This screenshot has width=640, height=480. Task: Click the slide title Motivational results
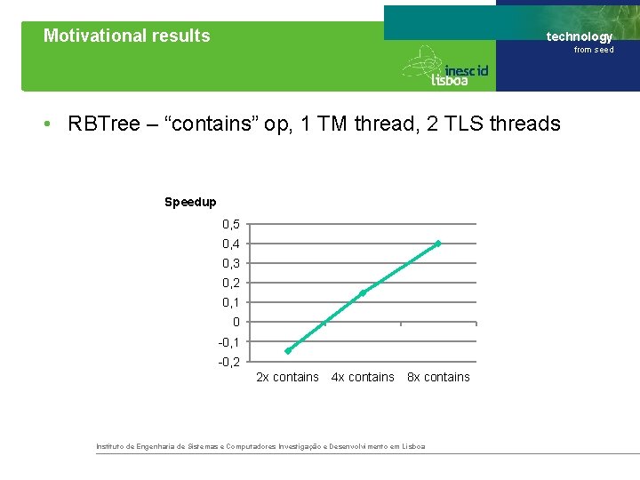(127, 36)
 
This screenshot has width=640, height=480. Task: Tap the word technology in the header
(580, 36)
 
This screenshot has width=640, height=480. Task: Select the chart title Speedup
(190, 202)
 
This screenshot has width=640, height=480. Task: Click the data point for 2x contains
(288, 350)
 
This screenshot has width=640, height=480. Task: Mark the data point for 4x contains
(363, 292)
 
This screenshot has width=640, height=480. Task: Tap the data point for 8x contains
(438, 243)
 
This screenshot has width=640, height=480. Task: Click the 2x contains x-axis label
(287, 377)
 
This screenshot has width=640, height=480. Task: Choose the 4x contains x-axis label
(363, 377)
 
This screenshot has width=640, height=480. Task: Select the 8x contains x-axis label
(438, 377)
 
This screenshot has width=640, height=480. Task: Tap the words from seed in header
(593, 50)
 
